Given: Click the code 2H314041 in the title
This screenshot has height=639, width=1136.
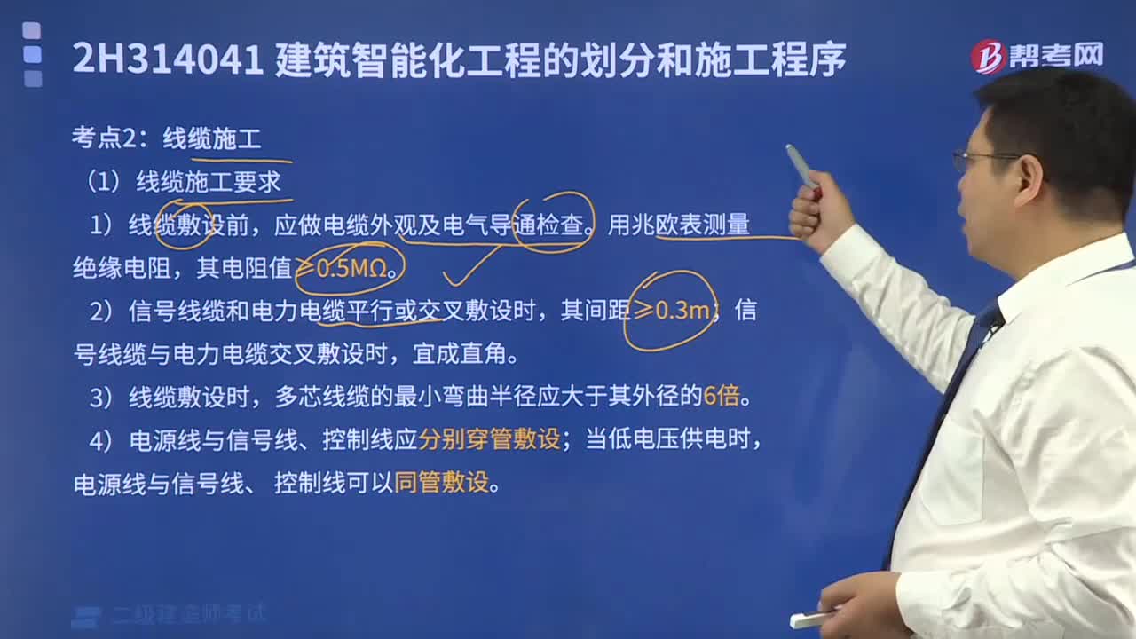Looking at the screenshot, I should [x=167, y=59].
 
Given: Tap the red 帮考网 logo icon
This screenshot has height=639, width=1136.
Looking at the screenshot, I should [x=987, y=57].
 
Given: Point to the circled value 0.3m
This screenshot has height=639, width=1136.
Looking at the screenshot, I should [x=681, y=311].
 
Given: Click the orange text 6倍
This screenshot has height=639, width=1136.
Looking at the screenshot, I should [x=722, y=396].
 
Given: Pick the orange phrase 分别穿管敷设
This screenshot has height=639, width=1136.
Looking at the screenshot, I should [x=489, y=439].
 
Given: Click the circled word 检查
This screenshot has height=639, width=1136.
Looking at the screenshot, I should [x=561, y=225].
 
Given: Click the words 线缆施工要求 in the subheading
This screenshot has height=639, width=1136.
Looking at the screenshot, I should [x=208, y=182].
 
